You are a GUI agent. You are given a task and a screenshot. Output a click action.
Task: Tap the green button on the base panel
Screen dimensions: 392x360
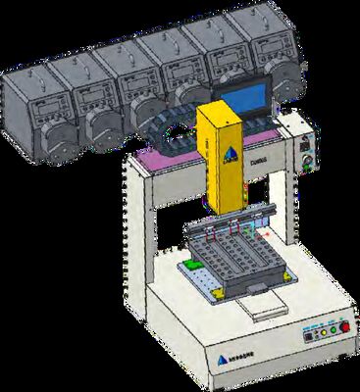click(328, 333)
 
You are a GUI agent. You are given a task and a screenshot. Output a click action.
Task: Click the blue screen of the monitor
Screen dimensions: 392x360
click(240, 99)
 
